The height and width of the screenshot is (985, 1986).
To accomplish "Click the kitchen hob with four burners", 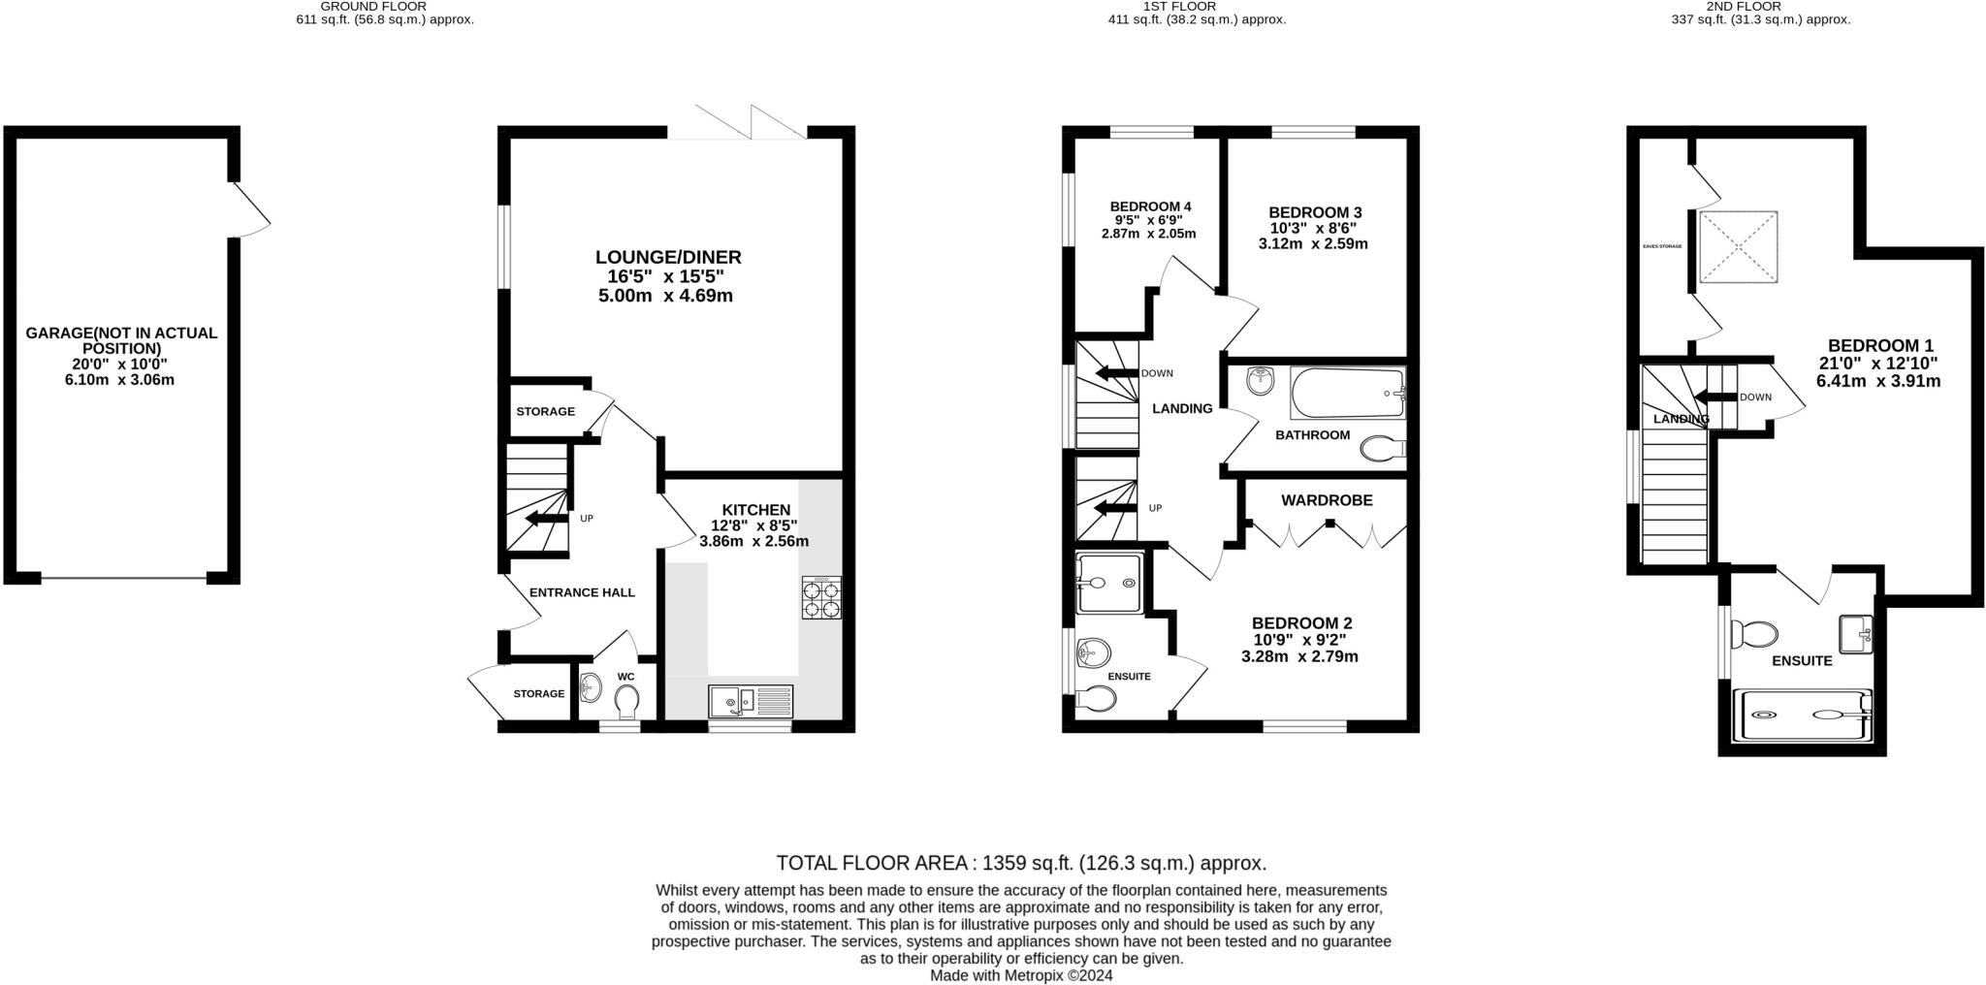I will click(821, 598).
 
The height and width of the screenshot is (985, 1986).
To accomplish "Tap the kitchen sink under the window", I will click(751, 701).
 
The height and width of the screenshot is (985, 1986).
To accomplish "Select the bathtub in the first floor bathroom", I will click(1347, 393).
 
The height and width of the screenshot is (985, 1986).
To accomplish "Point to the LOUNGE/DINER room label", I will click(667, 257).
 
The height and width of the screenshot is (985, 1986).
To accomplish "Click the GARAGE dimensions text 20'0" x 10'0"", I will click(121, 365).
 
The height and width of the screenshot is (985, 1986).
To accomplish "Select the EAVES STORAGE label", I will click(1662, 246).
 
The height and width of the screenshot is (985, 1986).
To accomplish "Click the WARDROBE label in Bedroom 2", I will click(1327, 500).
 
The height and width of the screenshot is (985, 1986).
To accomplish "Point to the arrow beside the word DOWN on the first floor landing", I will click(1116, 373).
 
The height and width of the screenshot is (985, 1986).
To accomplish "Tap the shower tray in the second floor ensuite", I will click(1802, 715).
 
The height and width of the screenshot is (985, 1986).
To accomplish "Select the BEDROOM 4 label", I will click(1150, 207).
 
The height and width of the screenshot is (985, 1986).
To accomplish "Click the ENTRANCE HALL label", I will click(582, 592).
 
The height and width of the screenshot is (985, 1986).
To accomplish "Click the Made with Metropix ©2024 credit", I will click(1021, 975).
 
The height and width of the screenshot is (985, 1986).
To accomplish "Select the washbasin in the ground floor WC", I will click(591, 688).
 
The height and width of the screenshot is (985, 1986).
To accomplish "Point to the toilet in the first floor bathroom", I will click(1383, 449).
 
